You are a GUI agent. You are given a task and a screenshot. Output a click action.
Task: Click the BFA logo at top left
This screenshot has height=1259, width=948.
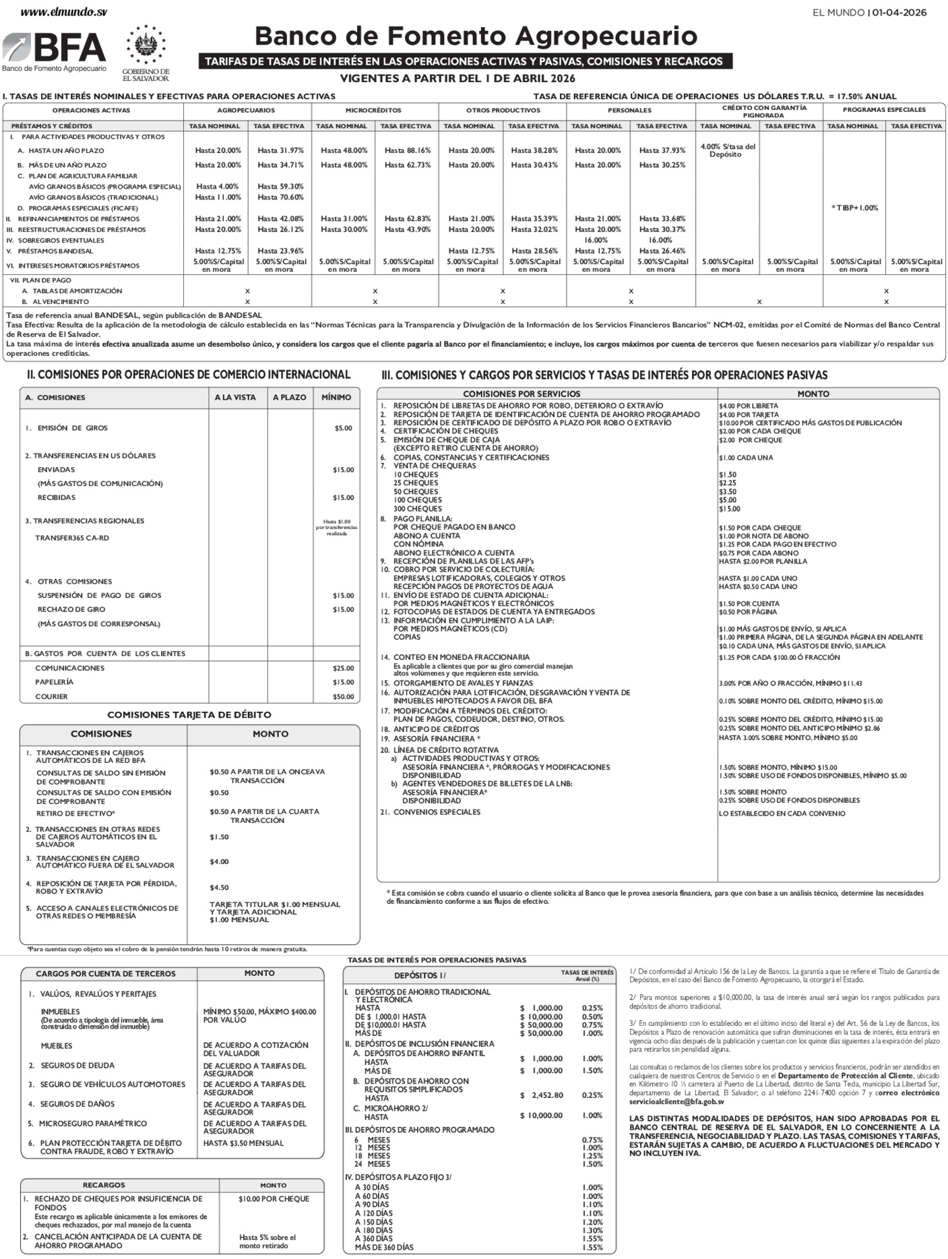point(54,51)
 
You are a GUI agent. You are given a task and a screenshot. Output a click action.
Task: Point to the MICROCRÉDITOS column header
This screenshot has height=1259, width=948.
point(373,110)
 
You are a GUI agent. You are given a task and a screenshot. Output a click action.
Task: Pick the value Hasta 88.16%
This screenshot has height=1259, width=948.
point(407,150)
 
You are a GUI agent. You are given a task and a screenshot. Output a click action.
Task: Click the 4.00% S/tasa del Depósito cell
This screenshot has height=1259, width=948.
point(728,150)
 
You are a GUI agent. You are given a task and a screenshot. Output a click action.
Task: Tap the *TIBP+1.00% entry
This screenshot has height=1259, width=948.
point(853,208)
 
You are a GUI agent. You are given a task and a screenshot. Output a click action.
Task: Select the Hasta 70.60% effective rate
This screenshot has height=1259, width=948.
point(280,197)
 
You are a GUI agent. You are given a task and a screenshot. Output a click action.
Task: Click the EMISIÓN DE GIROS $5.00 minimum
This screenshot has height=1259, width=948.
point(343,428)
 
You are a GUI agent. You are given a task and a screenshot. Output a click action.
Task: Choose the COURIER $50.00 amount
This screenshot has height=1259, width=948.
point(343,696)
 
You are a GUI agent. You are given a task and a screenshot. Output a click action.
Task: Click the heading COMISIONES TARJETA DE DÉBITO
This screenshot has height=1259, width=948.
point(189,714)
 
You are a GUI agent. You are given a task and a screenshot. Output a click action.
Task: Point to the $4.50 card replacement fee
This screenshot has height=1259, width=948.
point(219,888)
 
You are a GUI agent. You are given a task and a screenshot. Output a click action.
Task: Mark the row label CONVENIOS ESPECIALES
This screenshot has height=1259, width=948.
point(437,812)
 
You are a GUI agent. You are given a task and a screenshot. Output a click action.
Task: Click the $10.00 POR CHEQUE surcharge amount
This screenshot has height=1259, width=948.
point(274,1199)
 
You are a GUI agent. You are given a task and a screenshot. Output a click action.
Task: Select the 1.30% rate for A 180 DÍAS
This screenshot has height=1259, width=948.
point(592,1230)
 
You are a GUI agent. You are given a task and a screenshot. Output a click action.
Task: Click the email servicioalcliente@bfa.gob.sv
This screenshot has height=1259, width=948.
point(676,1101)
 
